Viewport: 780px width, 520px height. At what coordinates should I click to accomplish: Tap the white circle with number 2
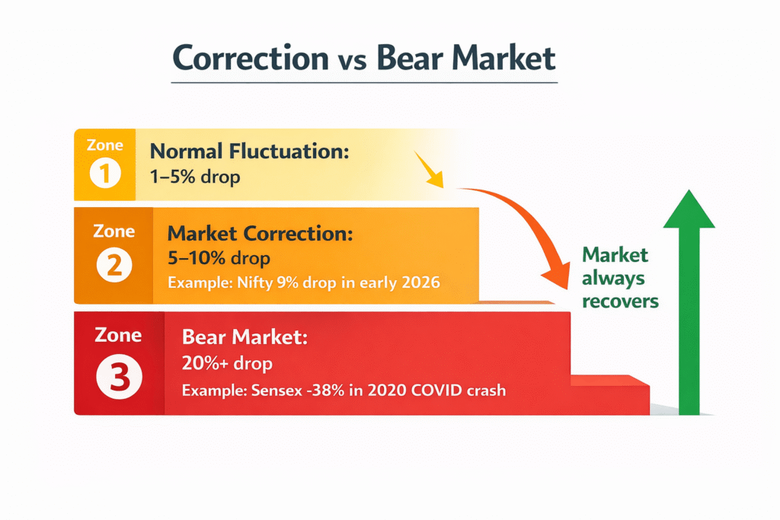tap(114, 266)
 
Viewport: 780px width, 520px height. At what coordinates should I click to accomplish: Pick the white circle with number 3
tap(119, 376)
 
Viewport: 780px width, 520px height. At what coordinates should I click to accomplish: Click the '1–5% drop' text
tap(196, 177)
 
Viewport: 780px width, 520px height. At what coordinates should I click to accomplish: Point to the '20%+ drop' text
tap(227, 363)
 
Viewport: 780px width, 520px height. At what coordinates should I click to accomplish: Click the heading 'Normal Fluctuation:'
tap(249, 151)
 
